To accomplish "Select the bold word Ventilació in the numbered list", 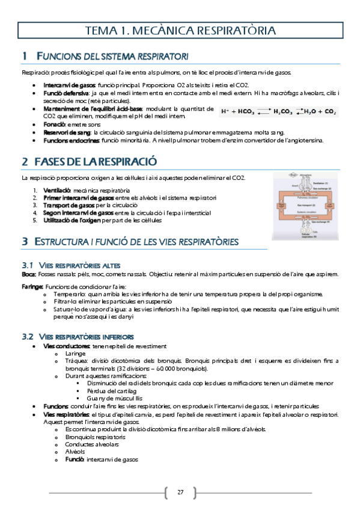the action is pyautogui.click(x=58, y=190).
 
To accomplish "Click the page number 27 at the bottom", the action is pyautogui.click(x=180, y=493).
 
